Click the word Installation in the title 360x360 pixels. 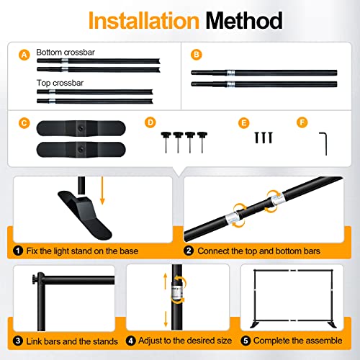(x=144, y=21)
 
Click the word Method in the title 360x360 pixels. (x=244, y=21)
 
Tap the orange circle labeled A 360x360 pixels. (x=24, y=55)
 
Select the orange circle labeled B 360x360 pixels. (x=197, y=55)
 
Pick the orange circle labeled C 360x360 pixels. (x=24, y=123)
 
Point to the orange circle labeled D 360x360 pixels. (x=150, y=122)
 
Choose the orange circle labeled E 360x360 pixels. (x=243, y=123)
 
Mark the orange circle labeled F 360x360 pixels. (x=302, y=122)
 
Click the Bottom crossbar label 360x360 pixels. (x=66, y=53)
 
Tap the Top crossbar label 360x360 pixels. (x=60, y=83)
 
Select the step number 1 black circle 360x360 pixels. (x=18, y=251)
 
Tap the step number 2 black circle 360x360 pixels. (x=189, y=251)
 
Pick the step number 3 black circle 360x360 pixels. (x=18, y=341)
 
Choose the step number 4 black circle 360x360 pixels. (x=131, y=341)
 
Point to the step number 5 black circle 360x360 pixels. (x=246, y=341)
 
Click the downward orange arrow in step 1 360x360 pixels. (x=102, y=191)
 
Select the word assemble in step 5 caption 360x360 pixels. (x=324, y=341)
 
